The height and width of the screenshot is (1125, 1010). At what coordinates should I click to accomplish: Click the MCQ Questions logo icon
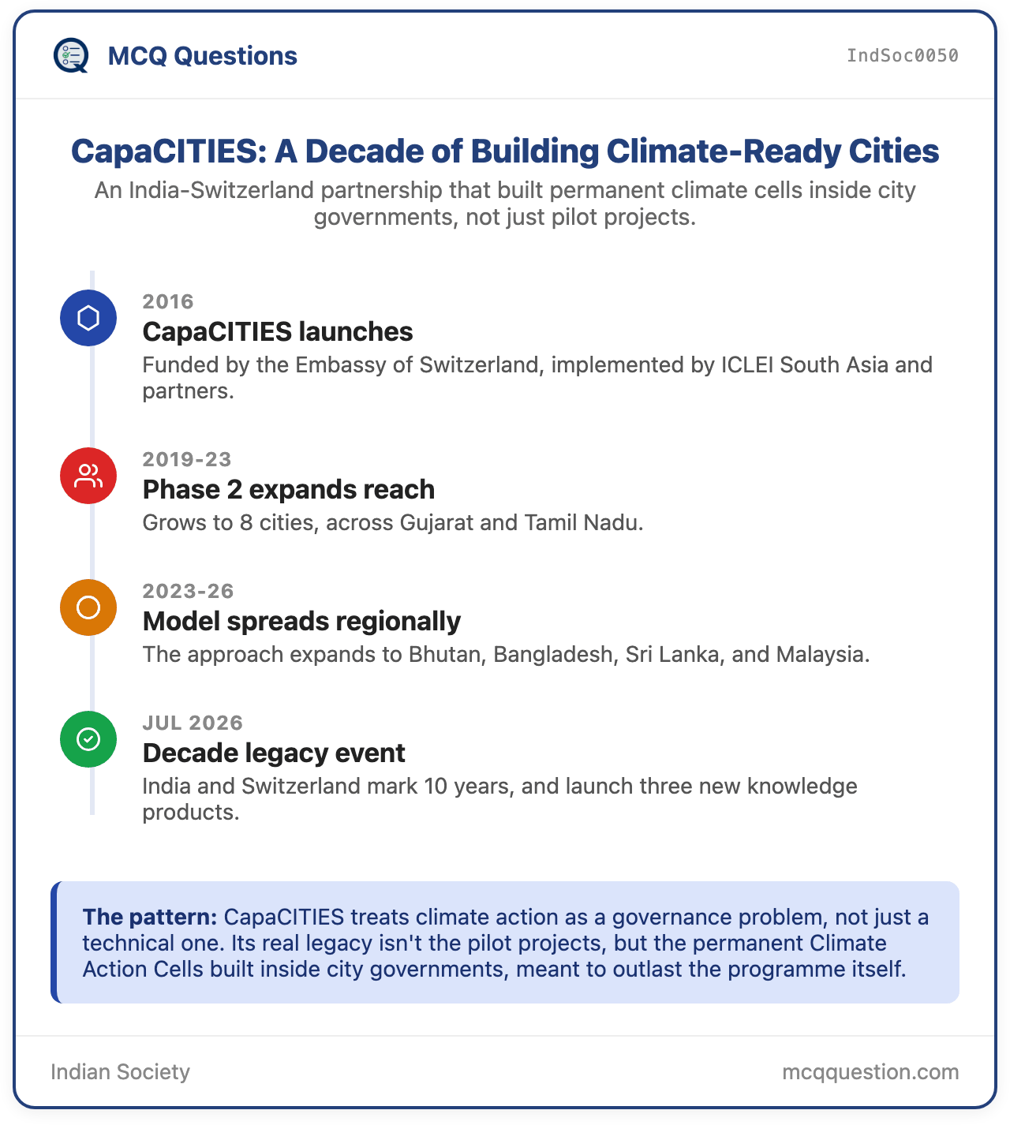point(70,55)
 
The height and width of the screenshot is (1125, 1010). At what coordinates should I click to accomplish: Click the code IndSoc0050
point(902,55)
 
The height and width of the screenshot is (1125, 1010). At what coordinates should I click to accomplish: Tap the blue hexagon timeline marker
point(88,318)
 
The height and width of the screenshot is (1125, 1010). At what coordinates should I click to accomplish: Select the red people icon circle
point(88,475)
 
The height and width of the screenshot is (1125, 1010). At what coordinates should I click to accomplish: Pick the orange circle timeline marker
point(88,607)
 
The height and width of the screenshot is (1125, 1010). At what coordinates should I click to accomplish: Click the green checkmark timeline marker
point(88,738)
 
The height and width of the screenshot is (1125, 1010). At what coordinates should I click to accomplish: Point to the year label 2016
point(168,301)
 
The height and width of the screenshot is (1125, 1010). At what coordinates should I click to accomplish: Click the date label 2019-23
point(187,459)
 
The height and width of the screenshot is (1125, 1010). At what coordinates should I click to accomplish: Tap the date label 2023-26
point(188,591)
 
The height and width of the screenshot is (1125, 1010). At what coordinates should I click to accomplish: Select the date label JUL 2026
point(193,723)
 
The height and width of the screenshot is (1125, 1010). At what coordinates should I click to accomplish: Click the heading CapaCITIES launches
point(277,331)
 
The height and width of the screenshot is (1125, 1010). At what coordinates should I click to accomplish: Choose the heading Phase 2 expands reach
point(288,489)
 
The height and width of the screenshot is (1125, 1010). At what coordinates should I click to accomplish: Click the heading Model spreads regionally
point(301,621)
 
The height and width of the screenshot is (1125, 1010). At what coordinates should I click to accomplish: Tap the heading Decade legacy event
point(273,753)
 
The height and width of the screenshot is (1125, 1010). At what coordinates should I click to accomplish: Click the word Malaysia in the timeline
point(822,654)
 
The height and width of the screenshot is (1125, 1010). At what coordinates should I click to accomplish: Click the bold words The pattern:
point(149,917)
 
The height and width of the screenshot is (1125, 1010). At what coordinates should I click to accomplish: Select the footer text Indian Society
point(120,1071)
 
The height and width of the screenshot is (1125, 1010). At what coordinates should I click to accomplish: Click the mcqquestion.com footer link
point(870,1071)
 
